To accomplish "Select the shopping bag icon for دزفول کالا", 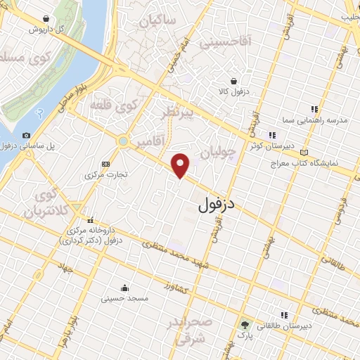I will [243, 81].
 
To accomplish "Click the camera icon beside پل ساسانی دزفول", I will [26, 135].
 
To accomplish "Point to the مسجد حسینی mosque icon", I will [124, 287].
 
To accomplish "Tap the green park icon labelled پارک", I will [245, 326].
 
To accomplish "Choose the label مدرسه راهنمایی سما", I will [319, 120].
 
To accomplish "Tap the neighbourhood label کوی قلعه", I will [115, 106].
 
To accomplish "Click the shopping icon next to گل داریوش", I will [46, 19].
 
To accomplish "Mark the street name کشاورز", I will [177, 289].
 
